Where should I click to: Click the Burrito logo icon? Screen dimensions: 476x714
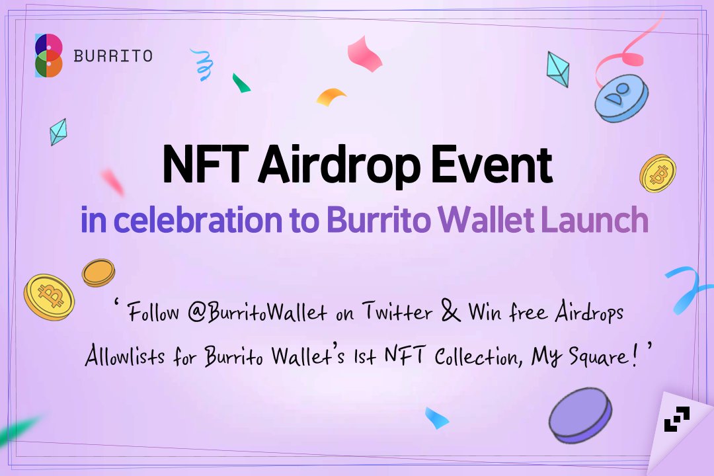[x=49, y=56]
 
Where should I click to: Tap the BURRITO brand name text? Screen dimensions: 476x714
[x=113, y=56]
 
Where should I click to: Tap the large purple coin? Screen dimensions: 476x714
[x=580, y=415]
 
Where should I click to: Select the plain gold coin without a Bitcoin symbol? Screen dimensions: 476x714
[x=99, y=272]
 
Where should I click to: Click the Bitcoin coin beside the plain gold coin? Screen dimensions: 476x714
[x=49, y=297]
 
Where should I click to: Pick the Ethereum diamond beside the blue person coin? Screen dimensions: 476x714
[x=558, y=69]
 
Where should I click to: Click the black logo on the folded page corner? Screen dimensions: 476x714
[x=676, y=420]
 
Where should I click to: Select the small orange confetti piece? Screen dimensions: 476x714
[x=331, y=97]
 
